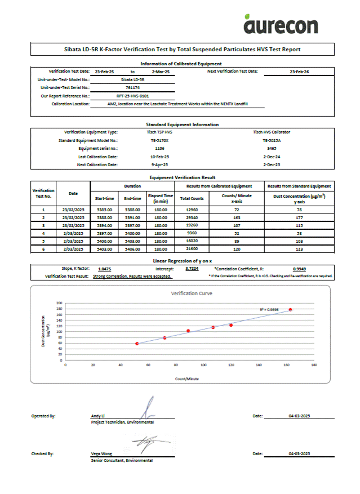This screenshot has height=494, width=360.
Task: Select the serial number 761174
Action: coord(133,88)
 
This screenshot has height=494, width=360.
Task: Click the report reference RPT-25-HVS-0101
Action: coord(132,96)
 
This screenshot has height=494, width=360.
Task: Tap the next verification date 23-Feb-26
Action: coord(299,72)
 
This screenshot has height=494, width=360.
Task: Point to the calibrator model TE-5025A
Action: coord(272,140)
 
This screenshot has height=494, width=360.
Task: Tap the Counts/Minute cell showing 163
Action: coord(236,217)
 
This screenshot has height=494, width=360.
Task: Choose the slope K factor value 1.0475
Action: coord(104,269)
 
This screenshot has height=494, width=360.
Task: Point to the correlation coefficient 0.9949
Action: coord(300,269)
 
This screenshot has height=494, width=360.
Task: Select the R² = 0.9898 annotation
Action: coord(270,309)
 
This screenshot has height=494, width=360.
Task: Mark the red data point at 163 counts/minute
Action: coord(290,309)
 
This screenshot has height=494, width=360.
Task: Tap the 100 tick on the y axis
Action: coord(59,332)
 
